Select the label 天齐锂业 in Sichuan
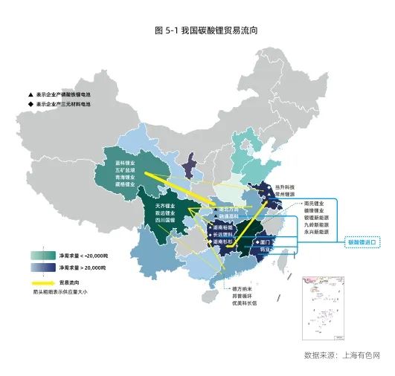click(x=165, y=205)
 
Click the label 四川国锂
click(x=165, y=220)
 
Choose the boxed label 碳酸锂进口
click(x=364, y=242)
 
